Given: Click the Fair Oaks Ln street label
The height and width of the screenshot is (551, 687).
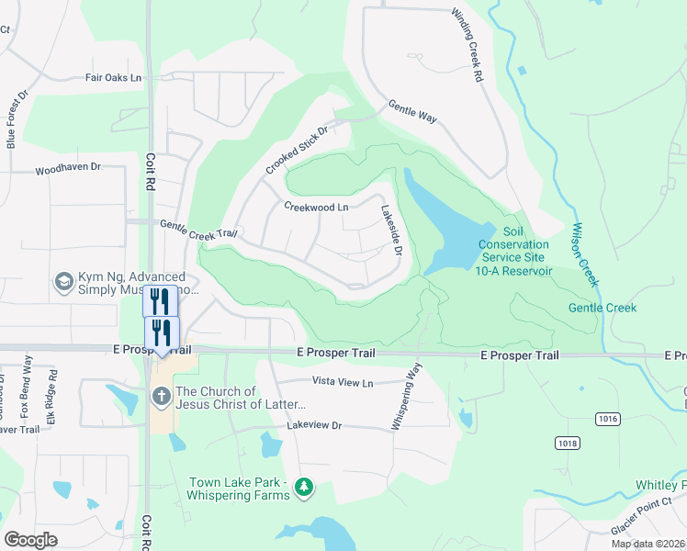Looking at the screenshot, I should (x=114, y=79).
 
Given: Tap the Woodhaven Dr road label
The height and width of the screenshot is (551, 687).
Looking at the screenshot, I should (x=67, y=170).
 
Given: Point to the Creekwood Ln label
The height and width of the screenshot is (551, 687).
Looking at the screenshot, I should (x=316, y=208).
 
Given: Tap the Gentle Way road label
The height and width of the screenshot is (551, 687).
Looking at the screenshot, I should (x=411, y=111).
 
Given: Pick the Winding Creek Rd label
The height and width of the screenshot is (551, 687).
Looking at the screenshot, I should (x=467, y=47).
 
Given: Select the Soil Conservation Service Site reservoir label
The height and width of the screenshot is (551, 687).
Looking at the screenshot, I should (x=514, y=251).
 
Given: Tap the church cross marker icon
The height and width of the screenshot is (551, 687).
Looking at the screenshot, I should (x=160, y=398).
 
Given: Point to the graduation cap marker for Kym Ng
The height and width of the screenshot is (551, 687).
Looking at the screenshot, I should (x=63, y=280).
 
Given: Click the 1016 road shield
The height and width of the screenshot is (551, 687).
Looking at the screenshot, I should (x=606, y=419).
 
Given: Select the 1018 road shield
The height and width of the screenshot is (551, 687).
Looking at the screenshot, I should (x=567, y=443).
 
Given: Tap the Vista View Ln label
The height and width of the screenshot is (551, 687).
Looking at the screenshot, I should (x=343, y=382).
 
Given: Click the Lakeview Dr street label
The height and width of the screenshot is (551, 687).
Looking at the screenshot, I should (x=313, y=426).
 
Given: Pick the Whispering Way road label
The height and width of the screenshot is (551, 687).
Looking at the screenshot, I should (x=405, y=396).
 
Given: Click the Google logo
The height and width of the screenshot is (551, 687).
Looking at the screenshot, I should (x=31, y=540).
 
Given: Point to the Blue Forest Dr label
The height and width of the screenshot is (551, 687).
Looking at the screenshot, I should (x=12, y=124).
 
